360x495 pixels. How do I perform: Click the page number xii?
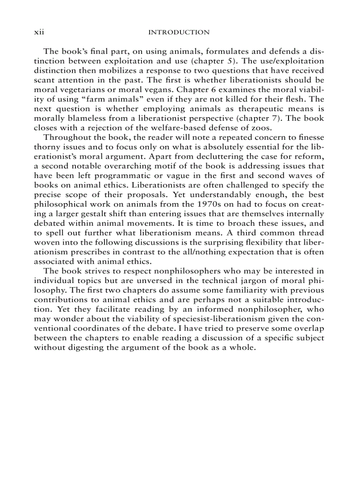[x=40, y=32]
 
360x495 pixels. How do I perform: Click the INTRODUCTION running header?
[x=179, y=32]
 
